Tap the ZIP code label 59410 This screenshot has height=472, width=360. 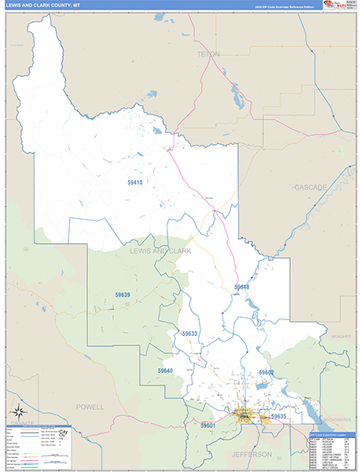[135, 183]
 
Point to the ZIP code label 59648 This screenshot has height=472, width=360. [241, 287]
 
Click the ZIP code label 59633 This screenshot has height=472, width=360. [189, 334]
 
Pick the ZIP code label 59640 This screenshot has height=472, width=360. [164, 371]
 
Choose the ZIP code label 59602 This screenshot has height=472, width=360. [266, 372]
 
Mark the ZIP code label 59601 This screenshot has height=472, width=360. [208, 426]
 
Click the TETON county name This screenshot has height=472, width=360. [208, 53]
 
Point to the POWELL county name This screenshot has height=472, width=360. [90, 407]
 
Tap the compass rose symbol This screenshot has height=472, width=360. [18, 411]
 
